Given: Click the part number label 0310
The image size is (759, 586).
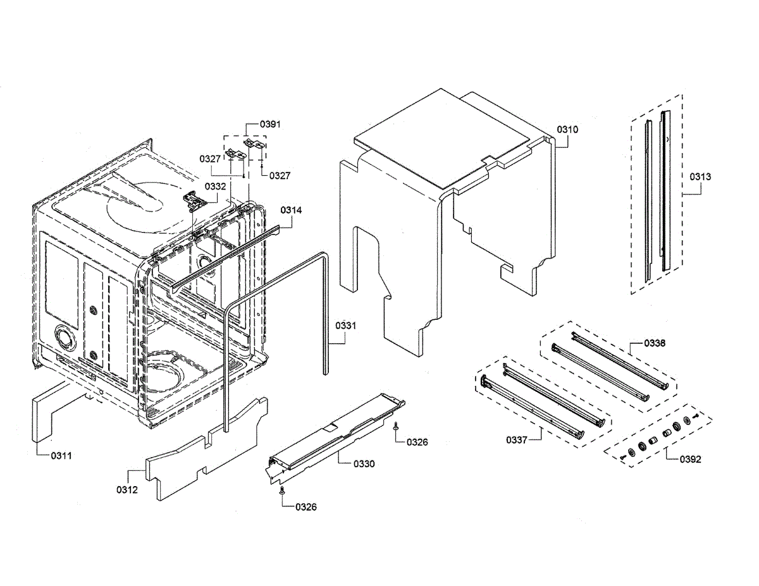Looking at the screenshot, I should (567, 130).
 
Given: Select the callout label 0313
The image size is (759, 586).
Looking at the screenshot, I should (700, 177).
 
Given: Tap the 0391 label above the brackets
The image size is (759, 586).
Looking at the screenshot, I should (271, 125).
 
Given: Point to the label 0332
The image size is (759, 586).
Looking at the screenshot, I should (215, 186).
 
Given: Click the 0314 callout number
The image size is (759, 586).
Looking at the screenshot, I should (292, 210).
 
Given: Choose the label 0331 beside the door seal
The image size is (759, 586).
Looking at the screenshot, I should (346, 326).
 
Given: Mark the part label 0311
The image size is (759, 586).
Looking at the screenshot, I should (61, 455).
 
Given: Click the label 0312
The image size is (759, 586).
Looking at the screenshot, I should (127, 490).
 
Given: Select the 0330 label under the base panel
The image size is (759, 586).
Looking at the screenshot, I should (364, 464).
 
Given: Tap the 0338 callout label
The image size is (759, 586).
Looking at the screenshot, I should (655, 343).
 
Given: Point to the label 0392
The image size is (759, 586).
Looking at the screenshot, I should (691, 460).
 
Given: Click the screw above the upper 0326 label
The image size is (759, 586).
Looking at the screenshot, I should (396, 427).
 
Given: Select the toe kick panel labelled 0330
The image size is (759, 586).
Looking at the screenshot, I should (335, 436).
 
